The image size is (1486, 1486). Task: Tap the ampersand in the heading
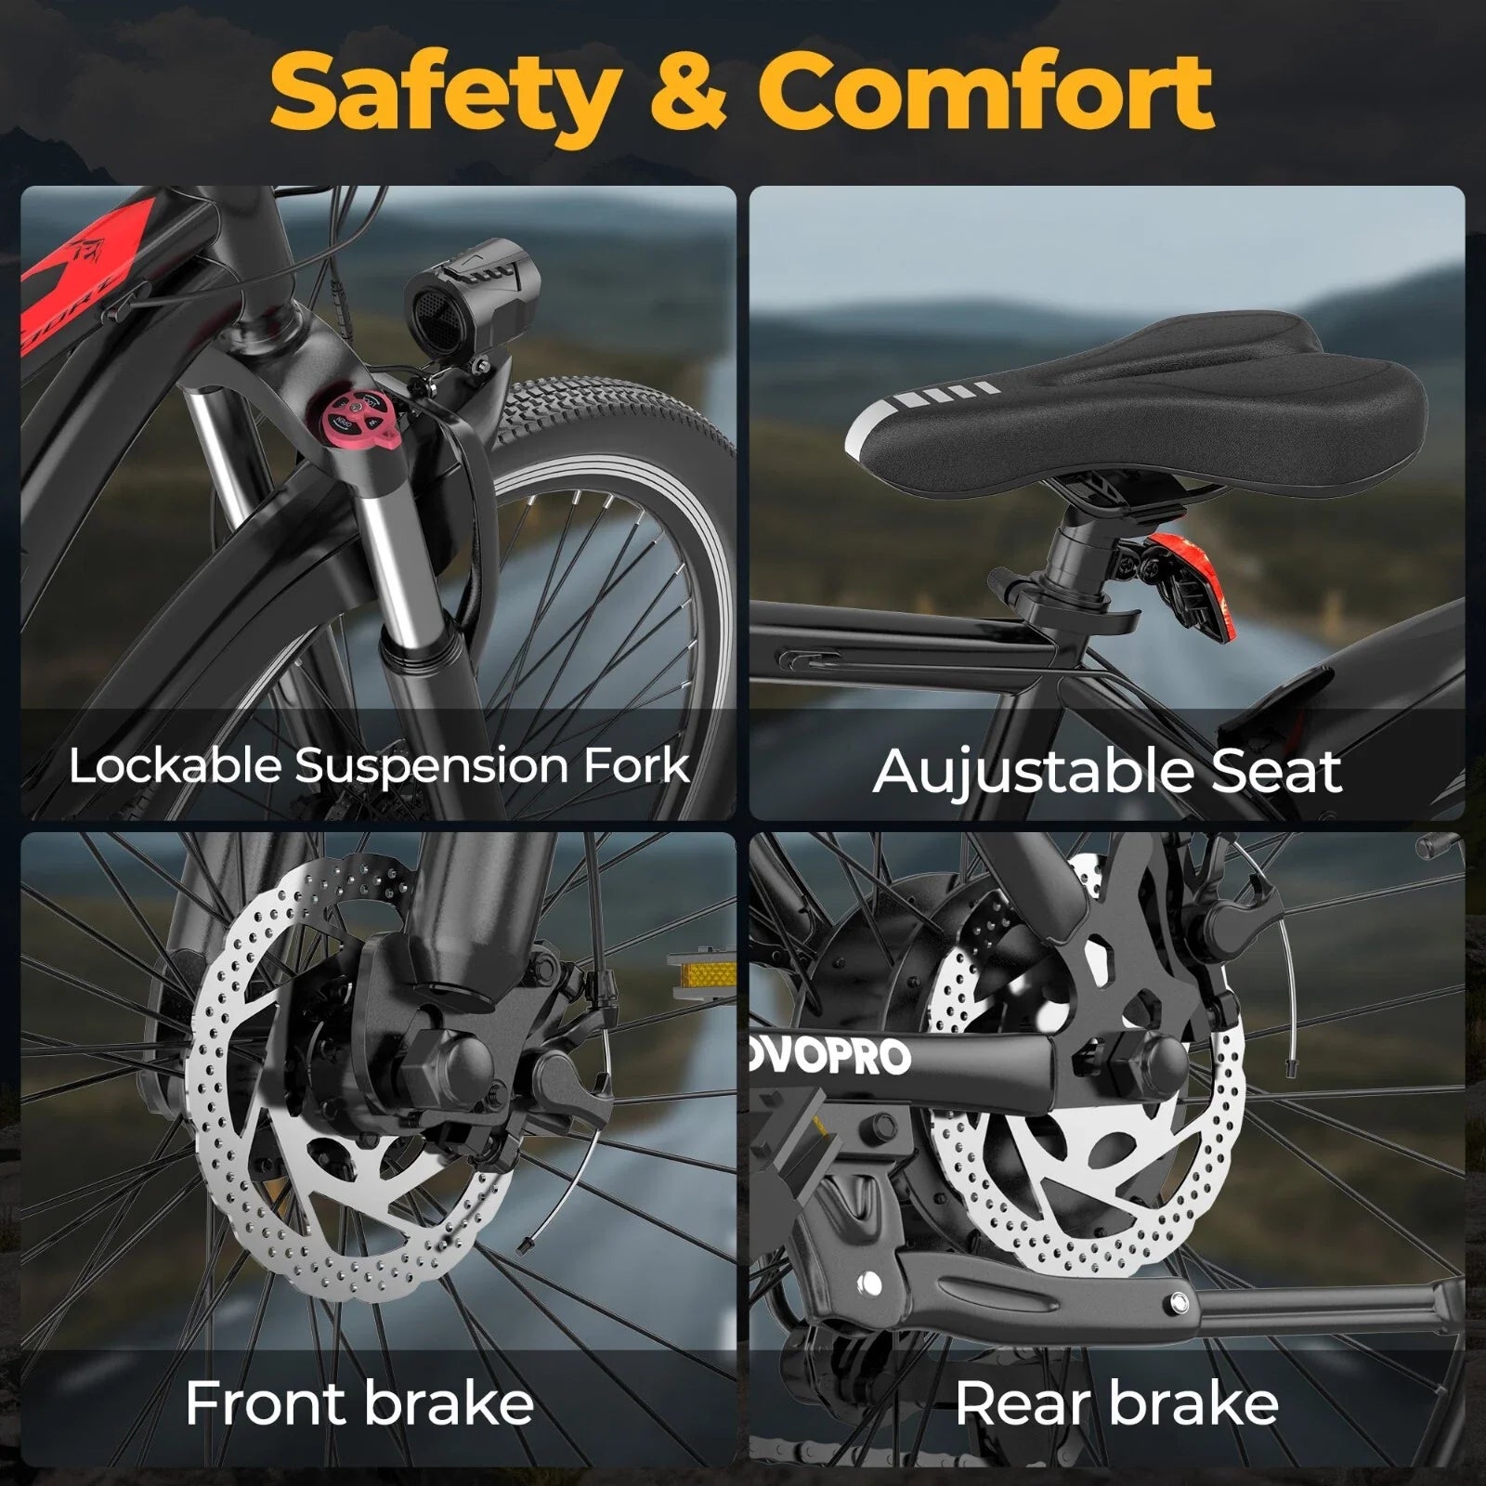pos(688,92)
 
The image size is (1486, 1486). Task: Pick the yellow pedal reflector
pos(701,972)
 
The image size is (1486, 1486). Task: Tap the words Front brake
pos(359,1402)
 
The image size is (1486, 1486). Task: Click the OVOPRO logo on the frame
pos(830,1056)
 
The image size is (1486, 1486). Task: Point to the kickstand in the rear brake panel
pos(1161,1296)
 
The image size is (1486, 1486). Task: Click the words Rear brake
pos(1117,1402)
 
